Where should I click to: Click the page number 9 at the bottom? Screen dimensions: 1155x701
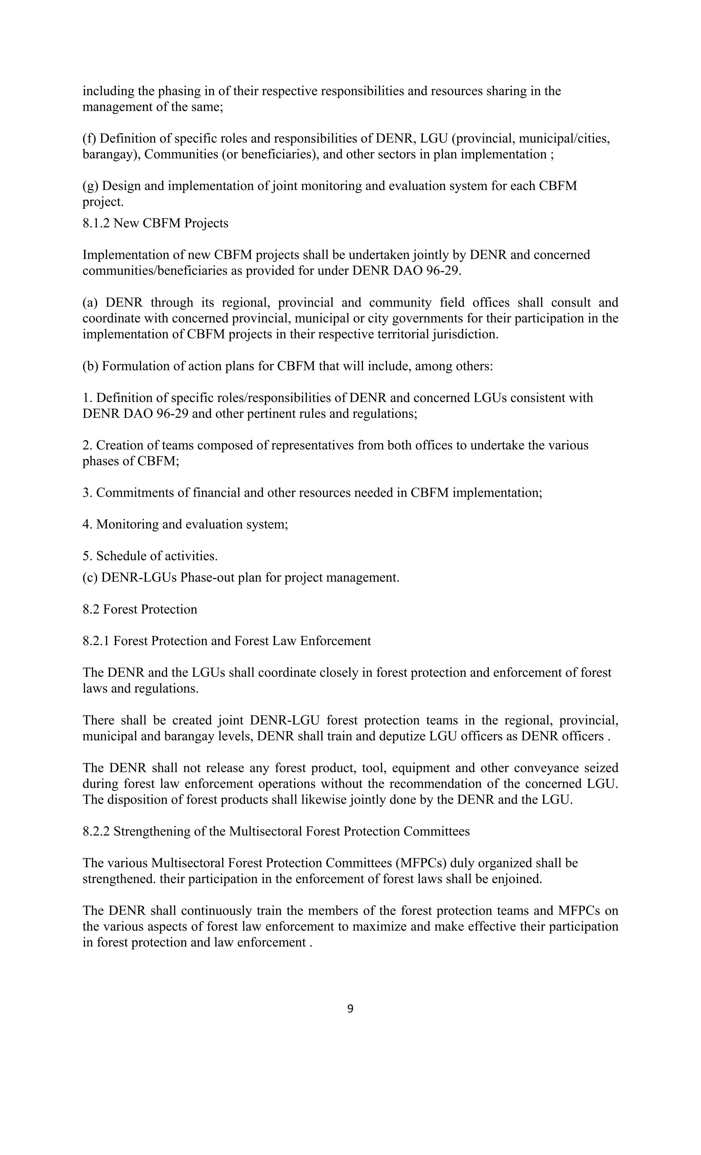tap(350, 1009)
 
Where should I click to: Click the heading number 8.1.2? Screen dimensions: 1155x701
tap(96, 223)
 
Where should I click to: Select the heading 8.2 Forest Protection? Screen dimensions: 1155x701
tap(140, 610)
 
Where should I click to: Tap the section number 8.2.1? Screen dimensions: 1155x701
tap(96, 641)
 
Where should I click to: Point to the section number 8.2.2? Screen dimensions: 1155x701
tap(96, 831)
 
